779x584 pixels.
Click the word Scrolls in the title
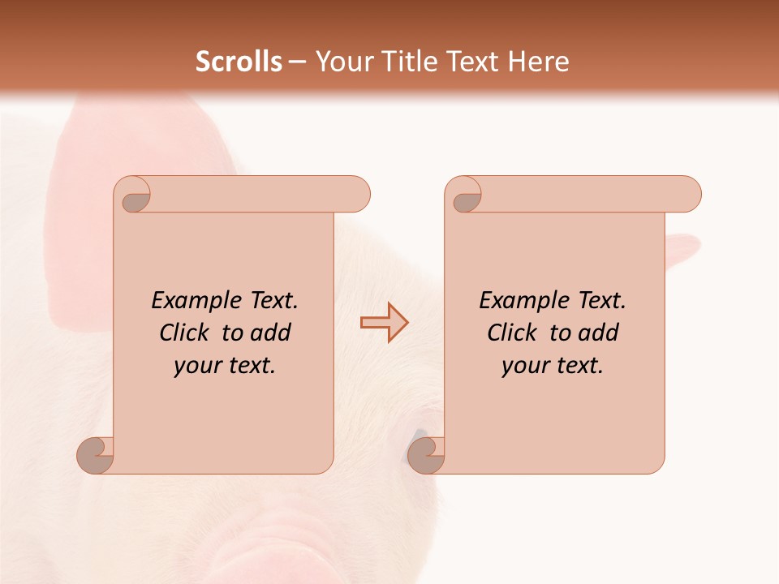239,62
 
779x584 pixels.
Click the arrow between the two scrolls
384,323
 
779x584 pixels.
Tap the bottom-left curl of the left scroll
95,456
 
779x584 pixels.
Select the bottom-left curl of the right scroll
426,456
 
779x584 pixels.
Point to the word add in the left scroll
272,333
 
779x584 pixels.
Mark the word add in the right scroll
600,333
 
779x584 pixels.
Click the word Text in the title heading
471,62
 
